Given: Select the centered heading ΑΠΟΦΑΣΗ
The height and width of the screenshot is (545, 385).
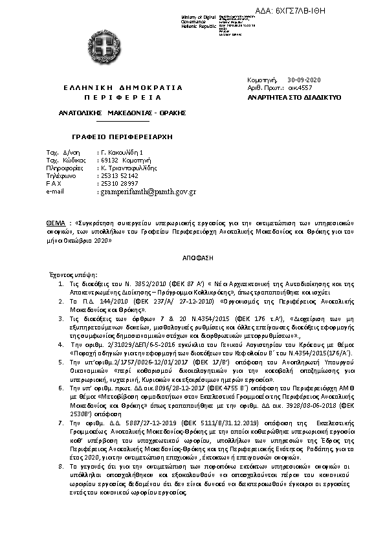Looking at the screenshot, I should pos(192,256).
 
